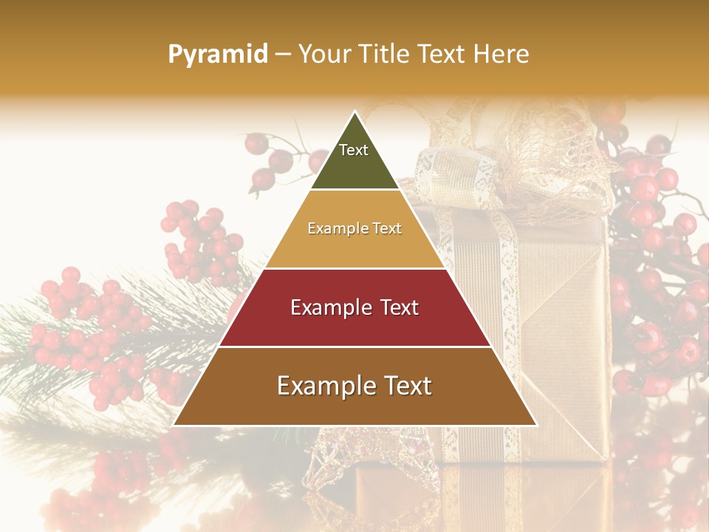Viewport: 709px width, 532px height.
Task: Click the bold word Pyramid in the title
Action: tap(217, 55)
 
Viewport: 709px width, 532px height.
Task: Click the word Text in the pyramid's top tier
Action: tap(353, 150)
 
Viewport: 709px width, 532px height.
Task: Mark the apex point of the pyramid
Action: tap(355, 112)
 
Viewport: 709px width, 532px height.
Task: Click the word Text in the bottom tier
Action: tap(405, 386)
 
